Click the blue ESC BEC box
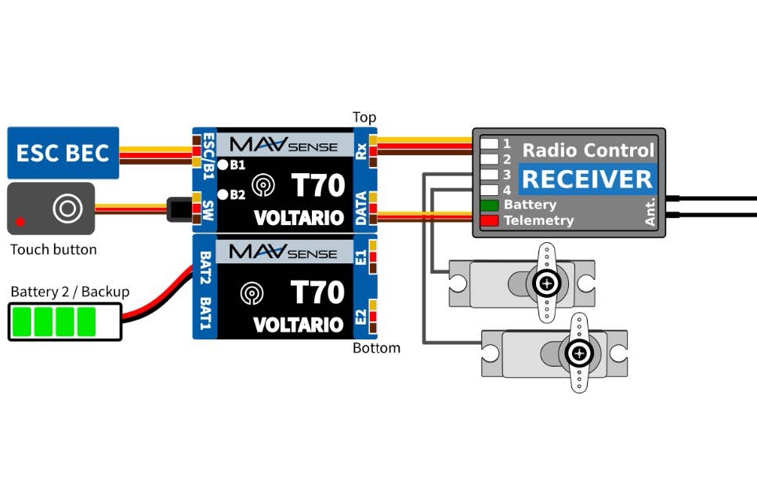[x=63, y=153]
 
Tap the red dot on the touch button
[x=20, y=221]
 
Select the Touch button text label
[x=53, y=250]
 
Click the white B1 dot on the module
[x=223, y=165]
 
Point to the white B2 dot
[x=223, y=194]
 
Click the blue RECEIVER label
[x=587, y=179]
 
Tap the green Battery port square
[x=490, y=205]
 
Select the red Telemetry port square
[x=490, y=221]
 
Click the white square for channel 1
[x=490, y=143]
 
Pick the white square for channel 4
[x=490, y=190]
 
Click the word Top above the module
[x=364, y=118]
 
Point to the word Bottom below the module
[x=376, y=347]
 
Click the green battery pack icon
[x=64, y=322]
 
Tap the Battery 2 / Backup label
[x=70, y=292]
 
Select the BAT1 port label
[x=205, y=313]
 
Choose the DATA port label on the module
[x=361, y=208]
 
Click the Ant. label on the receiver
[x=650, y=212]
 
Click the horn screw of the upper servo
[x=547, y=282]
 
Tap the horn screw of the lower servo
[x=578, y=353]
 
